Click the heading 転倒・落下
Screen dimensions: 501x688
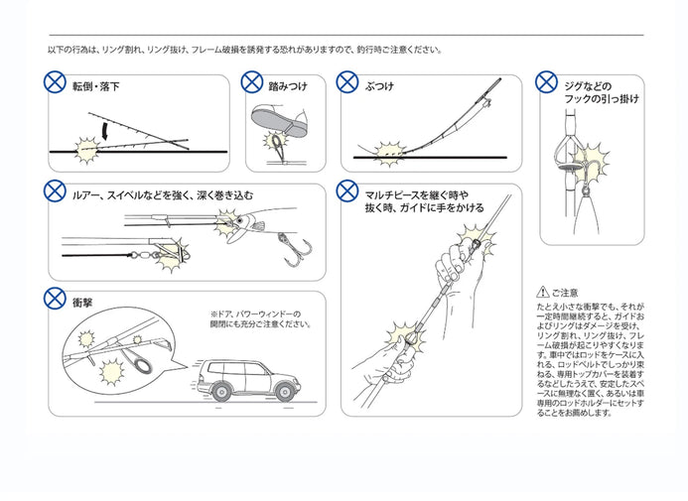[x=97, y=87]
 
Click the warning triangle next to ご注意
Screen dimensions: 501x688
[x=541, y=292]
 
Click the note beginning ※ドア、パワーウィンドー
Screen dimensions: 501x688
[x=260, y=317]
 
